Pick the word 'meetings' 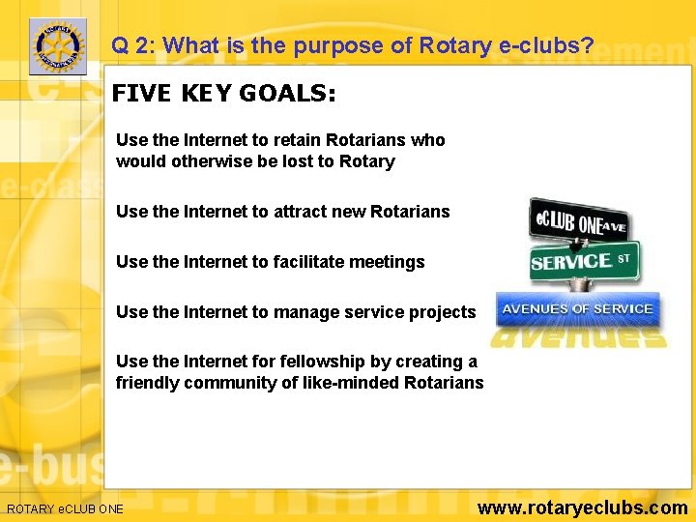pos(388,262)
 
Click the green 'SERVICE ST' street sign pos(583,261)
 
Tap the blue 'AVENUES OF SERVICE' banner pos(577,309)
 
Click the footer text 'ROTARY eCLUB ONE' pos(65,508)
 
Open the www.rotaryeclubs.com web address pos(583,507)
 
